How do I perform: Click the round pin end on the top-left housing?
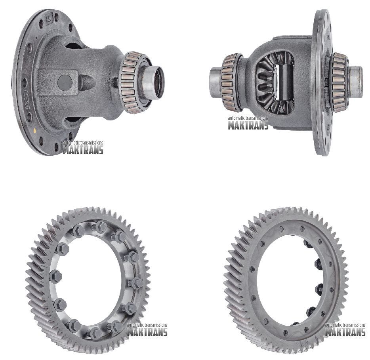65,82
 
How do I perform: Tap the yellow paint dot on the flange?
35,130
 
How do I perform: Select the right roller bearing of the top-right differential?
339,82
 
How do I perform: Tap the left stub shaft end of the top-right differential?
215,82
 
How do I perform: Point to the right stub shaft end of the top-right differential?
355,82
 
